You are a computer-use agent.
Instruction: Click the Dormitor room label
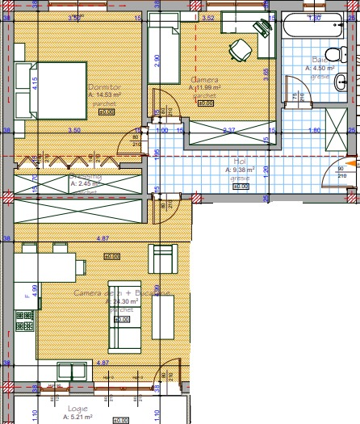[x=102, y=87]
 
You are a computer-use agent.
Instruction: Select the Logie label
[x=78, y=409]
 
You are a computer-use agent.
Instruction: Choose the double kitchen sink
[x=71, y=372]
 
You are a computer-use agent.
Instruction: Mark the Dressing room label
[x=85, y=176]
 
